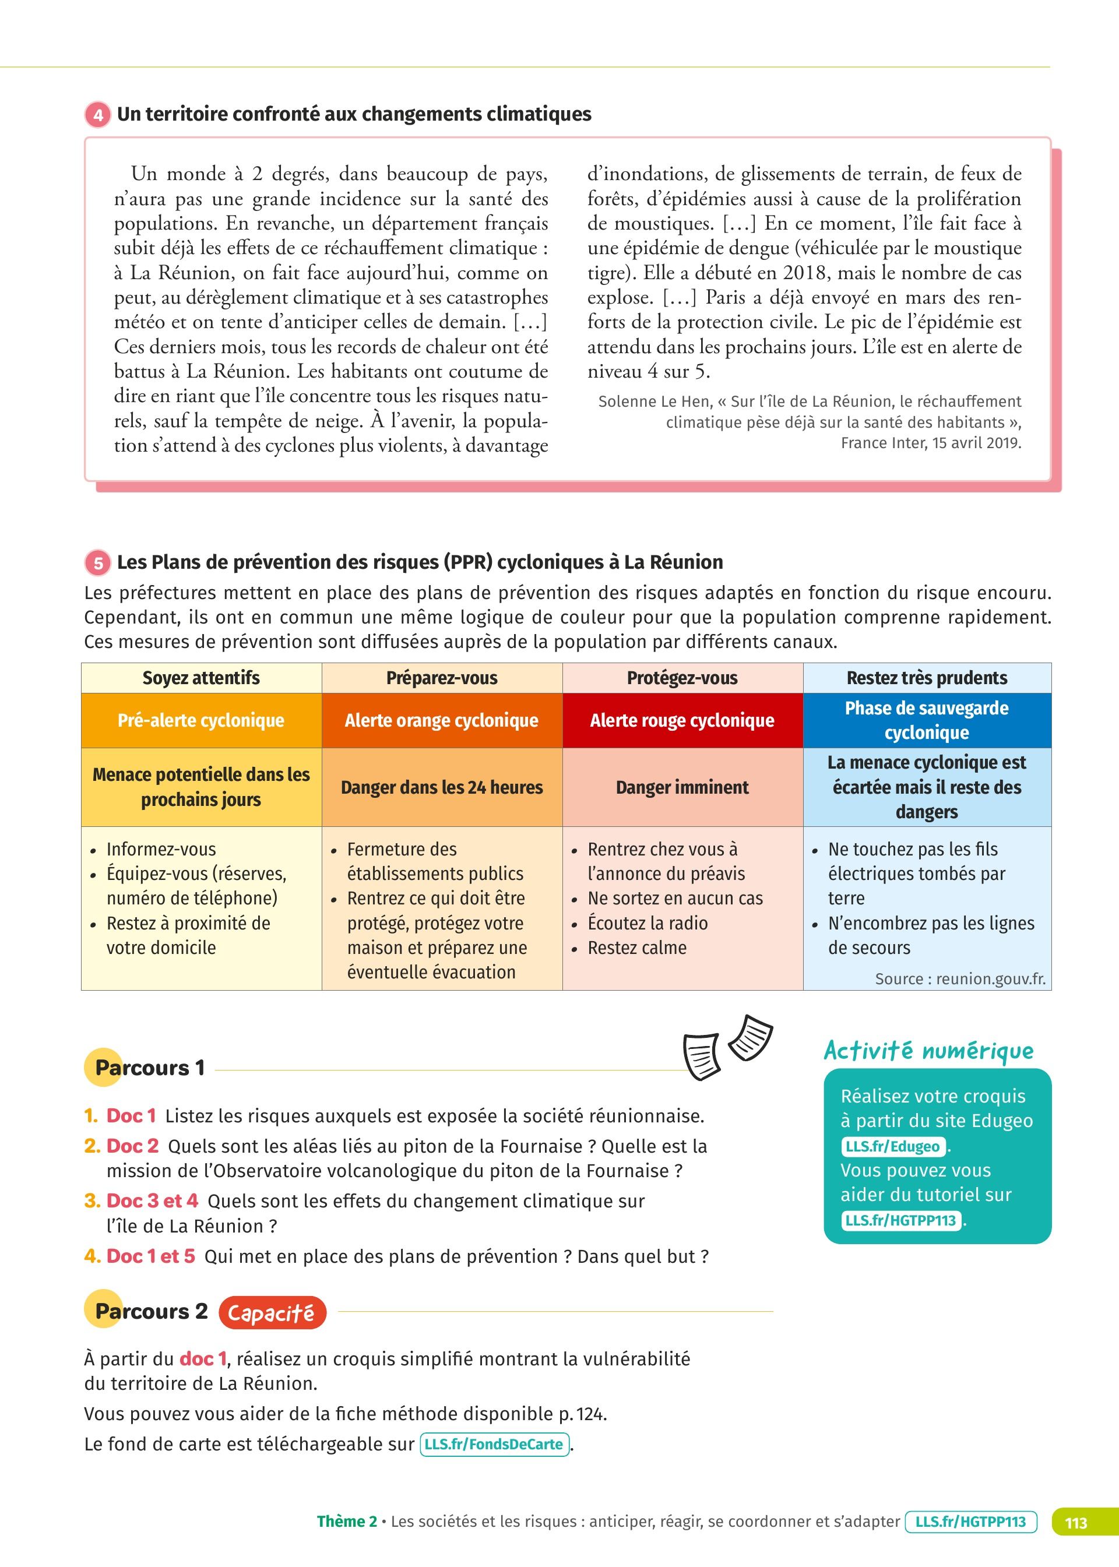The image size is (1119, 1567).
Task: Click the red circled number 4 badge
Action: [98, 114]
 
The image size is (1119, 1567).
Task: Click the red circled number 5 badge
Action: [98, 563]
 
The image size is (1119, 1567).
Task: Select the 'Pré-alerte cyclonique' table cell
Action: [201, 720]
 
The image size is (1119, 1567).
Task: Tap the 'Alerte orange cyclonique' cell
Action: [442, 720]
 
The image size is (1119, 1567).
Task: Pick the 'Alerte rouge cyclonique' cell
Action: [682, 720]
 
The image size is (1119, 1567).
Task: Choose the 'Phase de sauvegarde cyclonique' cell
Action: [927, 720]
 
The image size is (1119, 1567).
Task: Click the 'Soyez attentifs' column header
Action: [201, 678]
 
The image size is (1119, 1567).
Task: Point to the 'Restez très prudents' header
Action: [927, 678]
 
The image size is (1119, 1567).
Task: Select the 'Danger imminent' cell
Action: [682, 787]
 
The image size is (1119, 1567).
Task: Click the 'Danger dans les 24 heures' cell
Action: [442, 787]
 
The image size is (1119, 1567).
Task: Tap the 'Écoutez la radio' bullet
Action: [647, 923]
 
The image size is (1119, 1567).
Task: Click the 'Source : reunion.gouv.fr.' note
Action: [960, 979]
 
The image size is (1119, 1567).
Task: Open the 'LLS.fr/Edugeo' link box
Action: [893, 1146]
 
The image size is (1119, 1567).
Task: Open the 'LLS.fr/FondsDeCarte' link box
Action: [494, 1445]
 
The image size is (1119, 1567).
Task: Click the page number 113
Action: [1076, 1522]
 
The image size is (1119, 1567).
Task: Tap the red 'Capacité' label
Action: [272, 1313]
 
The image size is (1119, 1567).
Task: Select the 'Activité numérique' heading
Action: [928, 1051]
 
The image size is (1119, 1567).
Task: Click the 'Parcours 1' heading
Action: [150, 1068]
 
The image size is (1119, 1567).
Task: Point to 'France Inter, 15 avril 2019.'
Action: [930, 443]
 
